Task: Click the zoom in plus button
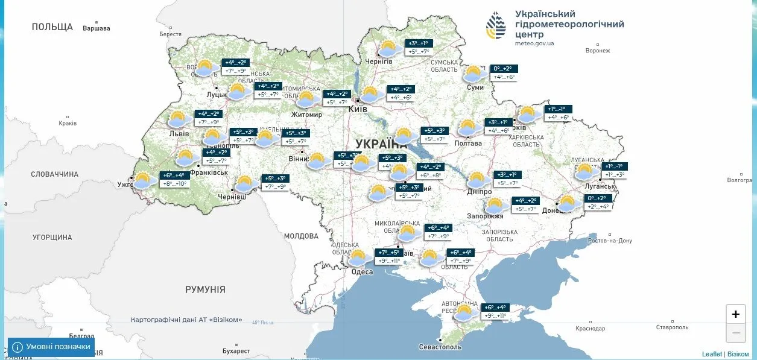pos(735,314)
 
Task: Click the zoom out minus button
pos(735,332)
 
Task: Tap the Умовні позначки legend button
pos(51,347)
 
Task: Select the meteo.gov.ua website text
pos(534,43)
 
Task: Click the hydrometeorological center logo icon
pos(496,25)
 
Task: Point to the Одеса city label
pos(362,272)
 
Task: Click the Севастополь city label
pos(440,347)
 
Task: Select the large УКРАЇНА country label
pos(381,144)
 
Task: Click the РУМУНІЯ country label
pos(205,289)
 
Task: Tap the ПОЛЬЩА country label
pos(52,27)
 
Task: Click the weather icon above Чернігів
pos(390,48)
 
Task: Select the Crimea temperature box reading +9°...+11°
pos(494,316)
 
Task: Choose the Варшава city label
pos(97,28)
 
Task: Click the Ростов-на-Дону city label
pos(610,241)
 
